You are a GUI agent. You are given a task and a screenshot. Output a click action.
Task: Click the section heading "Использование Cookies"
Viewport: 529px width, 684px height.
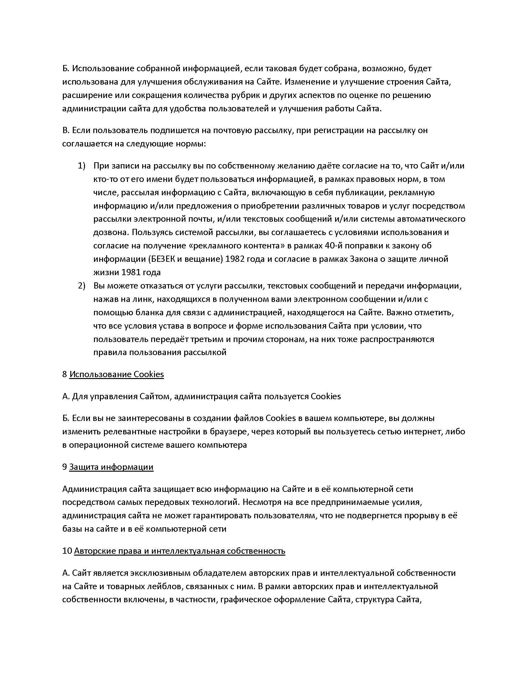[x=116, y=374]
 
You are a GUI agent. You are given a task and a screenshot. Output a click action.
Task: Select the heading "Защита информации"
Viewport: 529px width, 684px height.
[x=111, y=467]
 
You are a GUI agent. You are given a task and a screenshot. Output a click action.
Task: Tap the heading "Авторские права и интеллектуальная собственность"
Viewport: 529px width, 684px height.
[x=180, y=551]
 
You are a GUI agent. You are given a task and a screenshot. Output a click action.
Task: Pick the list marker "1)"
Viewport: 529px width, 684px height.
[x=82, y=166]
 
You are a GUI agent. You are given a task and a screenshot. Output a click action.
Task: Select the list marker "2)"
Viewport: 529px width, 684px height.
[x=82, y=286]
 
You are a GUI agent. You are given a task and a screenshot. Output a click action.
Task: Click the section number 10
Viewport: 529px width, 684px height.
[x=67, y=551]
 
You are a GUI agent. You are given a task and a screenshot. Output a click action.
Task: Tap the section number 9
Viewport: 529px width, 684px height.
[x=64, y=467]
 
